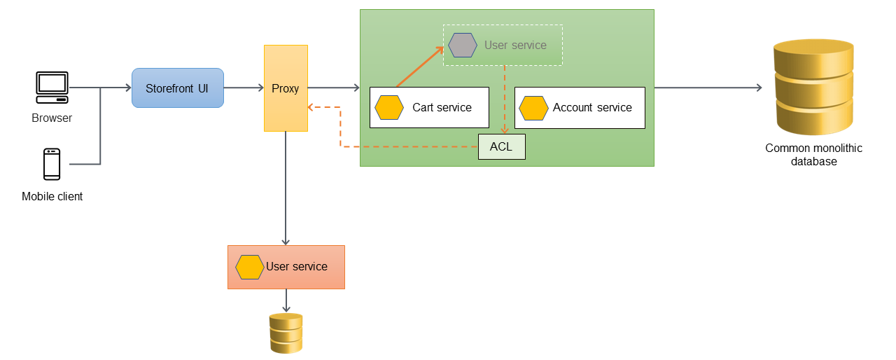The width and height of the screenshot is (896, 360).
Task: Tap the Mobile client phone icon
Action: (x=52, y=164)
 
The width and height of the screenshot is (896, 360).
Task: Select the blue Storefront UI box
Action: (x=177, y=88)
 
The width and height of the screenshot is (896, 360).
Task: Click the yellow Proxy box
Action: (x=286, y=88)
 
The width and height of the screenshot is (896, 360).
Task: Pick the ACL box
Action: (x=501, y=147)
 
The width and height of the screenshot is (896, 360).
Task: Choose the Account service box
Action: (x=579, y=108)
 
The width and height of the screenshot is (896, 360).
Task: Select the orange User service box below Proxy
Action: (x=286, y=267)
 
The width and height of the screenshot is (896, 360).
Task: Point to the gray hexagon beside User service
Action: (x=463, y=45)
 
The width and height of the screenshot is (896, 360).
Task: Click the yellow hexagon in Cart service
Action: (x=389, y=108)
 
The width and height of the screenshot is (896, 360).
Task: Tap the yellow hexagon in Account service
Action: (x=533, y=108)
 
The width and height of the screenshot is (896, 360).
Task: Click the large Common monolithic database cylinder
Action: (x=813, y=87)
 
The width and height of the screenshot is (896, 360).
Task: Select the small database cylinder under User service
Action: (x=286, y=333)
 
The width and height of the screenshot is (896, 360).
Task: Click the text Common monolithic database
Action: (x=813, y=155)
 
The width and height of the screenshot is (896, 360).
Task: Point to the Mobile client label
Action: (x=52, y=197)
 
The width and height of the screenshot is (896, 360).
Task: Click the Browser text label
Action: (x=52, y=118)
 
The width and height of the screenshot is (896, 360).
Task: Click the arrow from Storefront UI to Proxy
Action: (x=243, y=88)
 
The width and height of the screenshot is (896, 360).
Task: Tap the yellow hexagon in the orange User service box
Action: (x=249, y=267)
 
